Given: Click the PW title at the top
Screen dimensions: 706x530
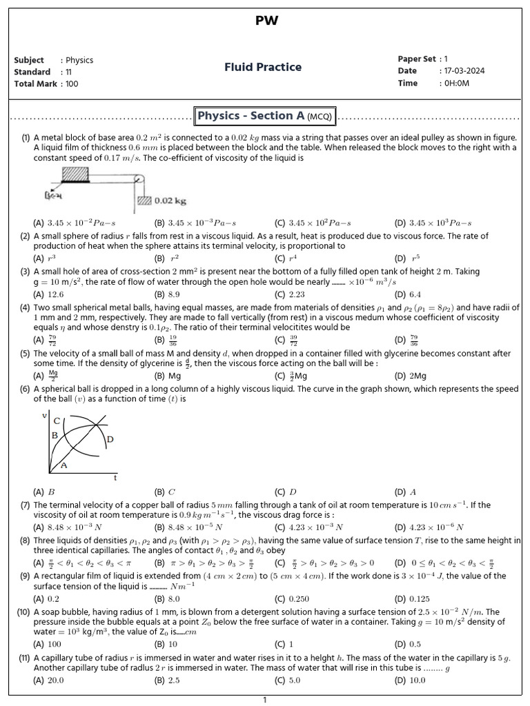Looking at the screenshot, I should (266, 21).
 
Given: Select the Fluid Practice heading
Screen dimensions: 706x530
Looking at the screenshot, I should (263, 67).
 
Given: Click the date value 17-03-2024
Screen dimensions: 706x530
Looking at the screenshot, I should (462, 71).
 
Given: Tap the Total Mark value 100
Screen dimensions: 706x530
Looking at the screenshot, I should (72, 83).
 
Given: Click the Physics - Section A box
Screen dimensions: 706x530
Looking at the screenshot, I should (265, 116).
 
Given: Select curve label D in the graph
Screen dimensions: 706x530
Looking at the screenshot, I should (110, 439).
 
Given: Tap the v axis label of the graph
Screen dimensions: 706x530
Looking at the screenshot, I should (45, 415).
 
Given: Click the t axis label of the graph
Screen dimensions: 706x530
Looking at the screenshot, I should (115, 477).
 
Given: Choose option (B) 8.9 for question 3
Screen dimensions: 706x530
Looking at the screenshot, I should (166, 294).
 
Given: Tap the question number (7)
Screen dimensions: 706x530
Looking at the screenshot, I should (25, 505).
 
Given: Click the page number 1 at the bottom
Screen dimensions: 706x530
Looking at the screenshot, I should (264, 700).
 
